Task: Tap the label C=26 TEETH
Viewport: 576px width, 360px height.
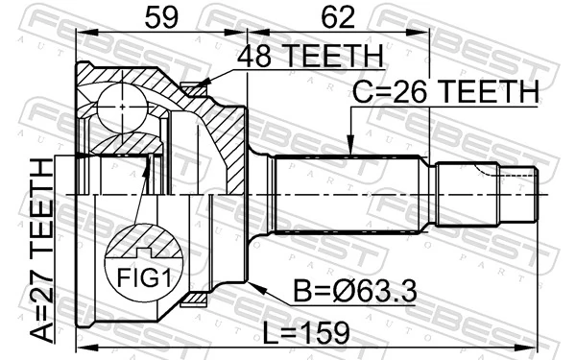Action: [444, 92]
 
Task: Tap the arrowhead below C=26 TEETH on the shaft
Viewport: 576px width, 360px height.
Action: [351, 149]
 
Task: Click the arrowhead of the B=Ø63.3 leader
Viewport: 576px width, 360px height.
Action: [252, 284]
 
